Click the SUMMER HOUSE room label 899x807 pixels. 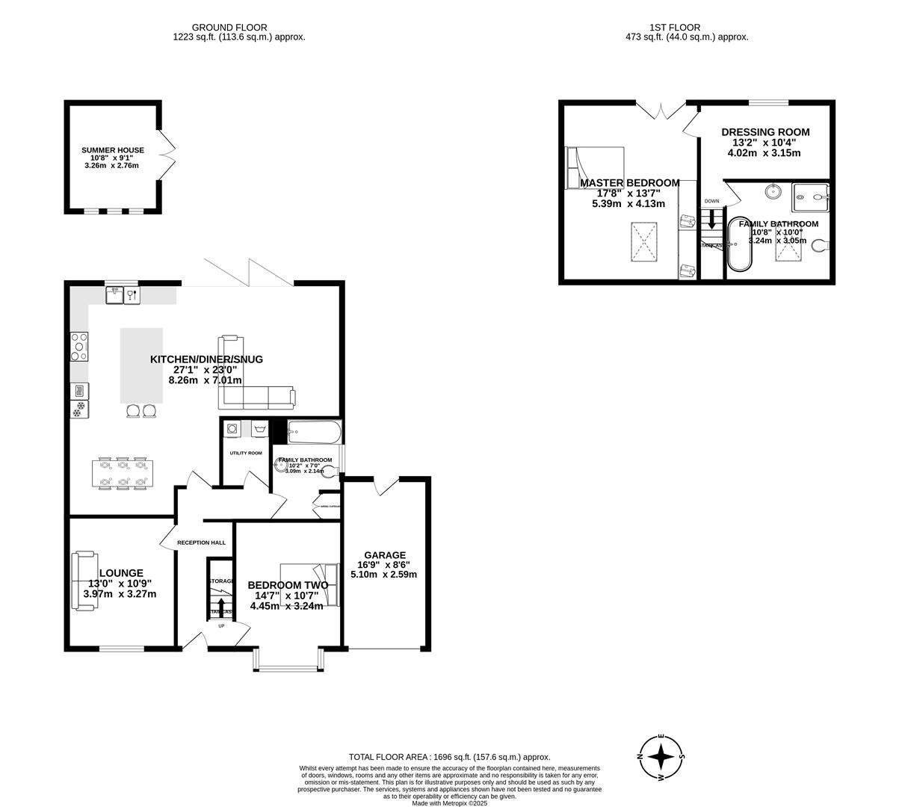tap(113, 150)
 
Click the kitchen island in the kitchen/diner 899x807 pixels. tap(141, 365)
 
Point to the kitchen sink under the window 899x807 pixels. tap(115, 295)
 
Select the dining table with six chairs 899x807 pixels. tap(123, 474)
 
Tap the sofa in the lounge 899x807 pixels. tap(83, 581)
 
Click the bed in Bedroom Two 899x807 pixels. tap(309, 585)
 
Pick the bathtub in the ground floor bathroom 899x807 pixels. tap(315, 431)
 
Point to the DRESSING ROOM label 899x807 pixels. tap(764, 132)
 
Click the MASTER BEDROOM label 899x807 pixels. tap(629, 183)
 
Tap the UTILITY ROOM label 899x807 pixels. tap(245, 453)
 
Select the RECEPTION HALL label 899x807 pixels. tap(201, 542)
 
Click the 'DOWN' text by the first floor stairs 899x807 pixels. tap(711, 201)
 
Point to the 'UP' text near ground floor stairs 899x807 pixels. tap(220, 625)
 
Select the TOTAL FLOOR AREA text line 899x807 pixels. tap(449, 756)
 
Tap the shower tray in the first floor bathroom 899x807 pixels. tap(811, 197)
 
